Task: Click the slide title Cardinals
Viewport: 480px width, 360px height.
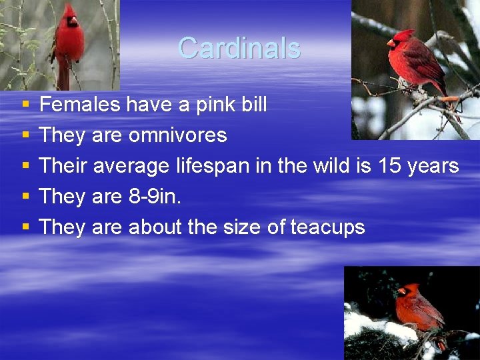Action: coord(239,48)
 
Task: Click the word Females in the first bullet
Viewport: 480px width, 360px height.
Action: coord(80,105)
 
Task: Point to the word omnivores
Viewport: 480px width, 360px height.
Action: coord(177,135)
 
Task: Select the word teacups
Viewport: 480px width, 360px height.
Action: coord(327,227)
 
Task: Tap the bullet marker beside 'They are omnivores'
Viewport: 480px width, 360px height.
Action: coord(25,136)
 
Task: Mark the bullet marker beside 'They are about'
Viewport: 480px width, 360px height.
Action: coord(25,228)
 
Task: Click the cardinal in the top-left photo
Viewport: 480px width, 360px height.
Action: coord(68,43)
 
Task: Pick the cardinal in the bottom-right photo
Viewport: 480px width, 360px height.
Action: coord(418,309)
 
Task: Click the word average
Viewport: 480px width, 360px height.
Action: coord(131,166)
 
